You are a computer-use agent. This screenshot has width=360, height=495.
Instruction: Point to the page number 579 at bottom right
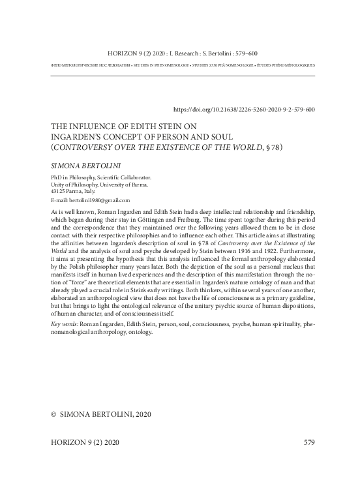(309, 443)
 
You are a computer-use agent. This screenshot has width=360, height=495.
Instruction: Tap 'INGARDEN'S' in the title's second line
(72, 138)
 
